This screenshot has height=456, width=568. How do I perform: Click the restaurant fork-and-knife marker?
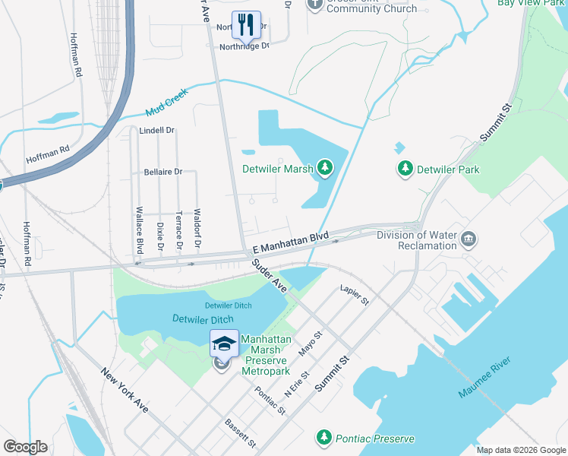[246, 24]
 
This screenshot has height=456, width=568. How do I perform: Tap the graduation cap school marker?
[224, 344]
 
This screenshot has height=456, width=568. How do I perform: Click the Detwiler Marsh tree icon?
[325, 166]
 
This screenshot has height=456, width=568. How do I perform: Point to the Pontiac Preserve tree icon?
[324, 438]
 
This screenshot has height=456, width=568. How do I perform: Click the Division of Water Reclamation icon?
[469, 241]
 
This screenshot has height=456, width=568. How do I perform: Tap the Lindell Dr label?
[157, 131]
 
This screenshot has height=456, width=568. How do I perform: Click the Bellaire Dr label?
[163, 172]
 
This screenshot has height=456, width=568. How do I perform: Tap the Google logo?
[25, 447]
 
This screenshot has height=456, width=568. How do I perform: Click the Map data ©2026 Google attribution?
[520, 450]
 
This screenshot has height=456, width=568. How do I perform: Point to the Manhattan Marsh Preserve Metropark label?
[266, 355]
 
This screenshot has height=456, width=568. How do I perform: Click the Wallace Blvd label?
[140, 230]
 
